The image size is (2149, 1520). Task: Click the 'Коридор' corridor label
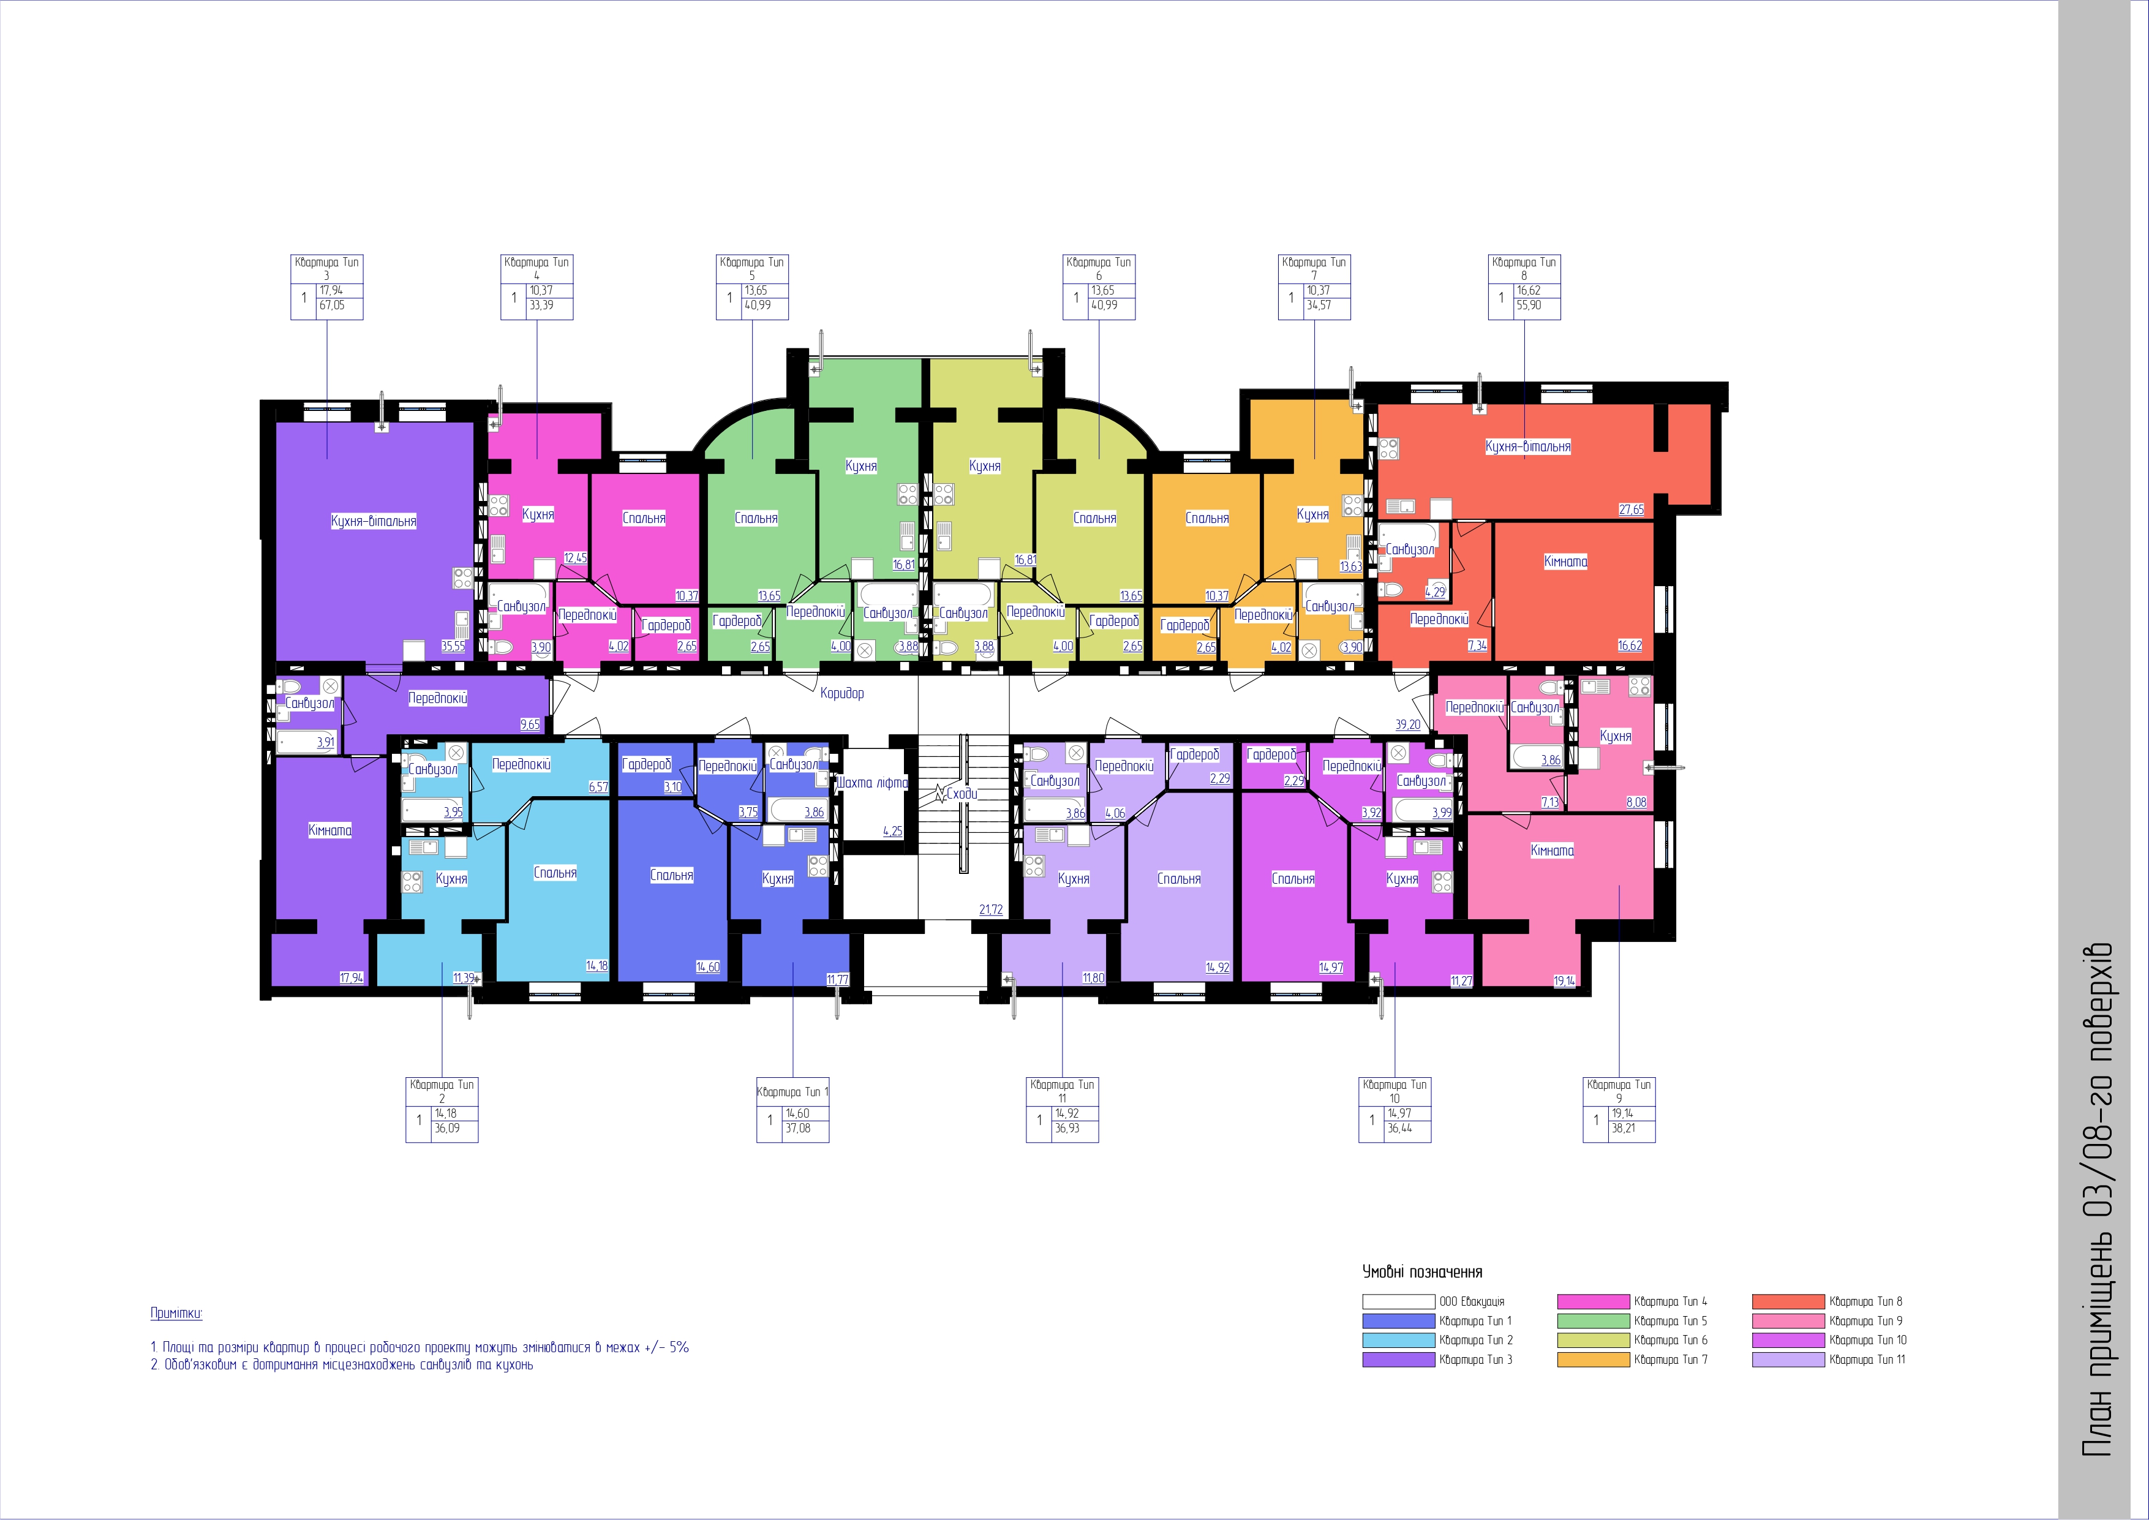841,693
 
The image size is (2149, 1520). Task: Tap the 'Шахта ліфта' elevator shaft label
872,783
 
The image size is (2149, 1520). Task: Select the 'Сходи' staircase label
962,794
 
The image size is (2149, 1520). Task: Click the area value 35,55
453,646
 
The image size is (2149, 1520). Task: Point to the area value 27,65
1632,510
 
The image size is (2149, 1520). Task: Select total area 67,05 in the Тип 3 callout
333,305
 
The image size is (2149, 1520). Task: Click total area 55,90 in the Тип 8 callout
1529,305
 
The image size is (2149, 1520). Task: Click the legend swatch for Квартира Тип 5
1593,1320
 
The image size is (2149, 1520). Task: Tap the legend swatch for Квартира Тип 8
1789,1301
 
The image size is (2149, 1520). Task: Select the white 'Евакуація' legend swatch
1398,1301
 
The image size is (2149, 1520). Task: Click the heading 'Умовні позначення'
1423,1272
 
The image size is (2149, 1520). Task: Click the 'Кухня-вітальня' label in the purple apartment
374,521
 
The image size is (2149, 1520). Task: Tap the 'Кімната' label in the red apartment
1566,562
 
